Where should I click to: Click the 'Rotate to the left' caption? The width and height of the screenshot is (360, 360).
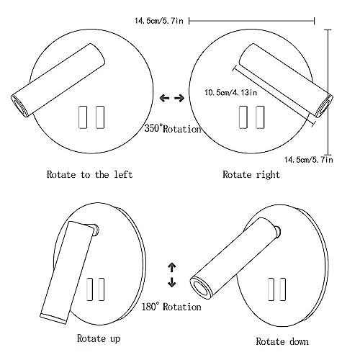(x=89, y=174)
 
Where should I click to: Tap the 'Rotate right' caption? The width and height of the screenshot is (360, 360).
(x=251, y=175)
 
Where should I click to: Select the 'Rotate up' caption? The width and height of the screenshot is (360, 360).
(x=99, y=338)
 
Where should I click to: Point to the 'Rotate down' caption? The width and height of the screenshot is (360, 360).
(x=282, y=341)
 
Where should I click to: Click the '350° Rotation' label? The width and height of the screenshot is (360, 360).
(x=173, y=129)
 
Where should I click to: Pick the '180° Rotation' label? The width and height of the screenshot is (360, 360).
(x=171, y=307)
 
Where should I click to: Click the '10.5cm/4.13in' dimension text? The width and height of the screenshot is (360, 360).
(x=231, y=92)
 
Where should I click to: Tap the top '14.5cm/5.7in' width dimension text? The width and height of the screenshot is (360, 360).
(x=159, y=21)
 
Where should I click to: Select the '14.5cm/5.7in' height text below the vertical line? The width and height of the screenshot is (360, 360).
(x=309, y=160)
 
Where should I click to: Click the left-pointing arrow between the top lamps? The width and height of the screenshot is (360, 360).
(x=165, y=98)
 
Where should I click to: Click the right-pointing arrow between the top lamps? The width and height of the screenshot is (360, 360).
(x=179, y=98)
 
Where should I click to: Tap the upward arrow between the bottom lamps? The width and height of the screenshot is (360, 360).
(x=172, y=267)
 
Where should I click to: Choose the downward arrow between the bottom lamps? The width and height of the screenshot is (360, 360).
(x=172, y=282)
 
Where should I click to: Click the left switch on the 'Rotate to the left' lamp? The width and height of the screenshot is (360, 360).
(x=83, y=117)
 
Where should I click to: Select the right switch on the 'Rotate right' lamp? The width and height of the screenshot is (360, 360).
(x=260, y=117)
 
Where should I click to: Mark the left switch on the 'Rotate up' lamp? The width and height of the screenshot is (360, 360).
(x=90, y=289)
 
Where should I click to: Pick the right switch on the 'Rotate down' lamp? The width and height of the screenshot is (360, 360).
(x=283, y=289)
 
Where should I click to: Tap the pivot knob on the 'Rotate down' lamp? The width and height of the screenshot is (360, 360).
(x=278, y=232)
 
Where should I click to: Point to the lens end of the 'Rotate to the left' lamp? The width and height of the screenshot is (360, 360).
(x=19, y=106)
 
